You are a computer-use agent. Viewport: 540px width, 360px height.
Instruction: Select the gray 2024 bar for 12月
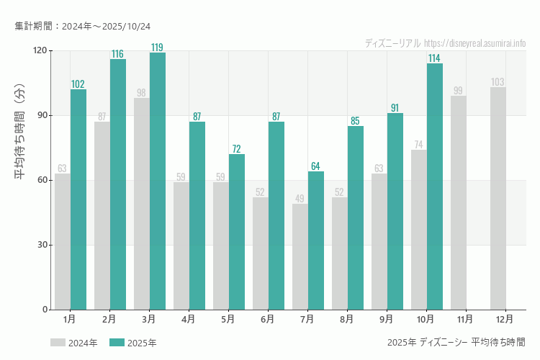click(x=498, y=199)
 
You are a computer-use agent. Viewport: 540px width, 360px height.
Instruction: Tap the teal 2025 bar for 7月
click(x=316, y=240)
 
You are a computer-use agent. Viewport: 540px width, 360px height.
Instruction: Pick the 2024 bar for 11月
click(x=458, y=203)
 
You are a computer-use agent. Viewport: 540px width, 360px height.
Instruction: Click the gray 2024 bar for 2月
click(x=102, y=216)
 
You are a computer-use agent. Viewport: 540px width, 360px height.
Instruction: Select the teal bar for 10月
click(x=435, y=186)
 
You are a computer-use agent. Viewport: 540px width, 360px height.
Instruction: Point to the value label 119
click(x=157, y=48)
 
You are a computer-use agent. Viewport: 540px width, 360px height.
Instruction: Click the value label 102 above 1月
click(x=78, y=84)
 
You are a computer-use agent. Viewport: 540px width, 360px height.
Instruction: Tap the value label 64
click(x=315, y=166)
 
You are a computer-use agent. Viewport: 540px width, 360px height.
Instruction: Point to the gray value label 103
click(x=498, y=82)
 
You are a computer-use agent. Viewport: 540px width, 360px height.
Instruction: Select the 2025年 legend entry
click(x=132, y=343)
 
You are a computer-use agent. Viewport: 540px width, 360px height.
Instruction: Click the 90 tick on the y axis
click(x=42, y=115)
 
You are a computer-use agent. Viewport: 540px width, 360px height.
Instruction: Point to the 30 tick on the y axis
click(x=42, y=245)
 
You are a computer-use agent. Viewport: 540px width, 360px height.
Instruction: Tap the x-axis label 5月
click(x=228, y=318)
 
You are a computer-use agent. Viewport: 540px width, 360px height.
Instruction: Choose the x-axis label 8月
click(x=346, y=318)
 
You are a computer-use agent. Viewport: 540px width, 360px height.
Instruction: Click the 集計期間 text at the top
click(x=83, y=26)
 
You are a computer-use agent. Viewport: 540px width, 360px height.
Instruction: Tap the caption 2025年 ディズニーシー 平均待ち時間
click(x=456, y=342)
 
